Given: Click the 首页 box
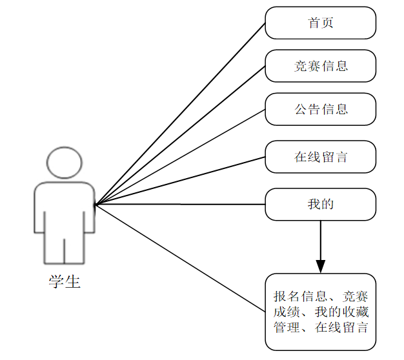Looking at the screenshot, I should pos(320,23).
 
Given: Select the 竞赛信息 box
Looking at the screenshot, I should pos(320,66).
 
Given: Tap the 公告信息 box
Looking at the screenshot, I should pos(320,109).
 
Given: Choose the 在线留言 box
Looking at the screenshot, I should pos(320,157).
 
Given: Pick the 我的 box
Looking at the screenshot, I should pos(320,205).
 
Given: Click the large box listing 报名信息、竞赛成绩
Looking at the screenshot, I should pos(320,312).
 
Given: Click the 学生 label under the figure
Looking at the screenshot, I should pos(65,281).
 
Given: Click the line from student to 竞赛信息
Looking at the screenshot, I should pos(180,135).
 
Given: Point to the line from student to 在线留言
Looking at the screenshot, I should pos(180,181).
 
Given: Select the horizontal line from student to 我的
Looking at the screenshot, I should pos(180,205).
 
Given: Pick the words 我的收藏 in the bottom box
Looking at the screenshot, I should pos(345,312).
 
